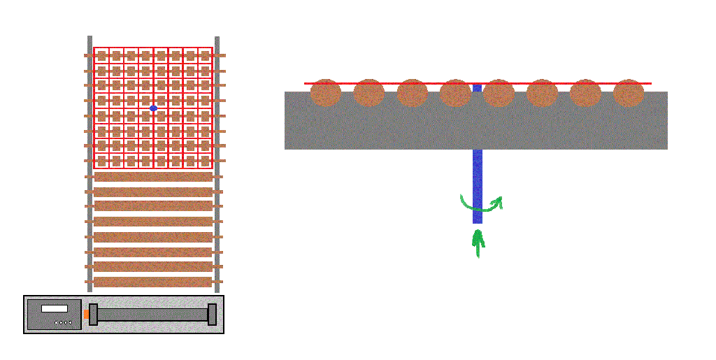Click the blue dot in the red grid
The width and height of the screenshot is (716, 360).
click(153, 108)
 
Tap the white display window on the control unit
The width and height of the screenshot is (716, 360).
click(55, 308)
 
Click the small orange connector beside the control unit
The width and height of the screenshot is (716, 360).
click(86, 315)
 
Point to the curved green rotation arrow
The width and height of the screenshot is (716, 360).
click(481, 205)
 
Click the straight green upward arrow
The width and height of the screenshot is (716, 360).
click(478, 243)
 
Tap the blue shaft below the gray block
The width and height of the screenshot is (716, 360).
click(478, 185)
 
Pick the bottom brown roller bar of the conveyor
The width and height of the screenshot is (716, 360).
click(153, 282)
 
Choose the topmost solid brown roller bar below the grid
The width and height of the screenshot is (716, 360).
click(153, 177)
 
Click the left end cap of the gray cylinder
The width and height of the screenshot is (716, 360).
click(94, 315)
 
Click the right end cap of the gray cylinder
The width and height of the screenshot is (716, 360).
click(212, 315)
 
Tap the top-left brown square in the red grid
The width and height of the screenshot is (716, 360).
click(101, 55)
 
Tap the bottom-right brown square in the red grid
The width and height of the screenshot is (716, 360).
click(205, 161)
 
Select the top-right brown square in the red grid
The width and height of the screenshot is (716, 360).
click(205, 55)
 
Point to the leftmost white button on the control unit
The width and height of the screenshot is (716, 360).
click(57, 323)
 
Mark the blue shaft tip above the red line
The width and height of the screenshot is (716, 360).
click(477, 87)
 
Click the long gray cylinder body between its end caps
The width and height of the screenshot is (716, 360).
click(152, 315)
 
